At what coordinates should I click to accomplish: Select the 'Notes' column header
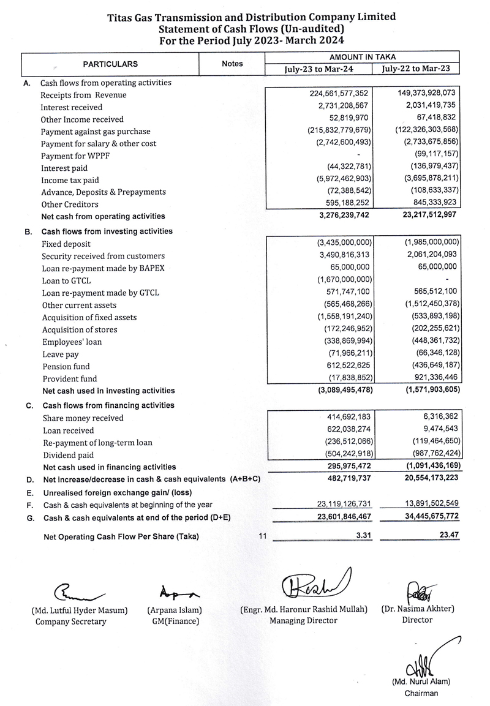point(232,64)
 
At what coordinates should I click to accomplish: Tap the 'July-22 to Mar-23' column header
point(420,69)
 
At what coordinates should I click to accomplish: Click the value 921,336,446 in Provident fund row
point(428,378)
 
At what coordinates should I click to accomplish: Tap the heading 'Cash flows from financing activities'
point(108,405)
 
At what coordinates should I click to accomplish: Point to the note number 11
point(263,536)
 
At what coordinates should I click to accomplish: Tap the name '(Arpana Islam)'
point(175,610)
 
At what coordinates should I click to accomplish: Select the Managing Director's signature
point(313,585)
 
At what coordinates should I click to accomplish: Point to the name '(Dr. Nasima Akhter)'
point(417,610)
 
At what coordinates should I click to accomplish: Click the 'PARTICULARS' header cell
point(110,64)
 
